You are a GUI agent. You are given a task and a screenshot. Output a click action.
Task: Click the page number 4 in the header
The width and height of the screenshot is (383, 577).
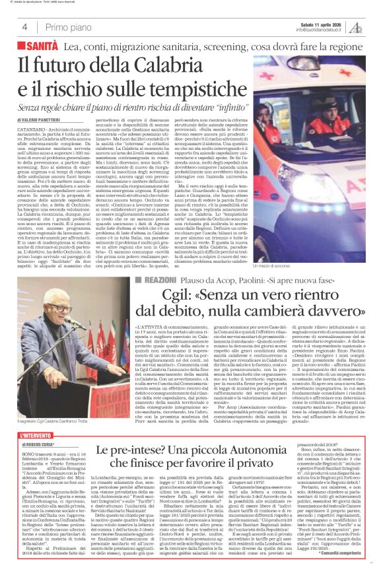(x=24, y=27)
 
